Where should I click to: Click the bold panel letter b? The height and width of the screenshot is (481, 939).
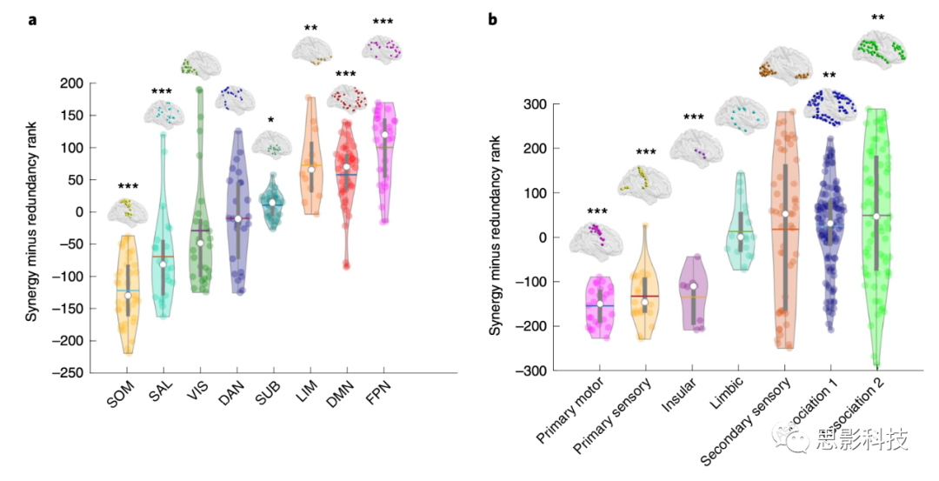(493, 19)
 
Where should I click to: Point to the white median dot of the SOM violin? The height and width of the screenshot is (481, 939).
(128, 296)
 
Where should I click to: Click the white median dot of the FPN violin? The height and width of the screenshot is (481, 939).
(384, 135)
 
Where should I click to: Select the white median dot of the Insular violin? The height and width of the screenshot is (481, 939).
(693, 286)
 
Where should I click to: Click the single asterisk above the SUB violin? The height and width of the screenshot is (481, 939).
(271, 120)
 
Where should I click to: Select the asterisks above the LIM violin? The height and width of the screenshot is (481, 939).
(310, 29)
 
